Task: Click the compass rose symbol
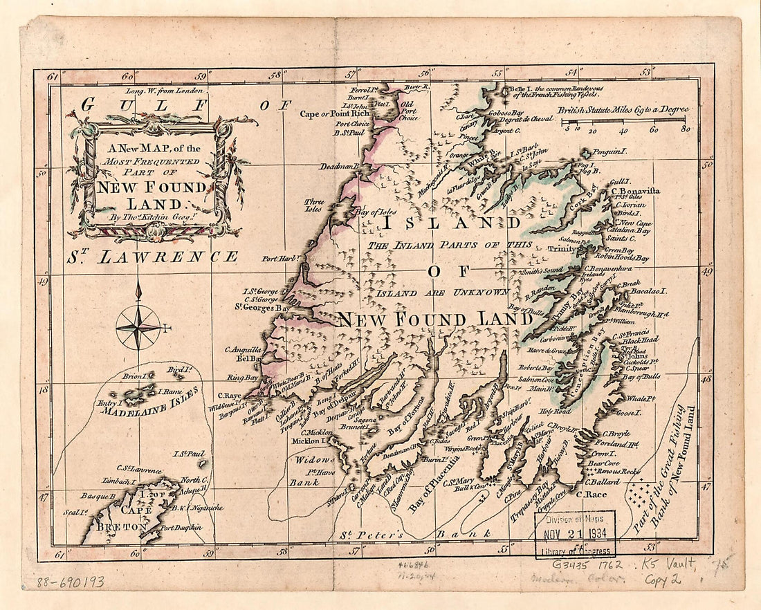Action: click(x=138, y=326)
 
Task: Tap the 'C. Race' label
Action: click(x=599, y=495)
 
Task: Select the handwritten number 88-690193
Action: click(x=70, y=582)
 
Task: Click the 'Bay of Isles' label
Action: click(x=377, y=212)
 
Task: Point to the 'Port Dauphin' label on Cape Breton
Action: click(x=181, y=528)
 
